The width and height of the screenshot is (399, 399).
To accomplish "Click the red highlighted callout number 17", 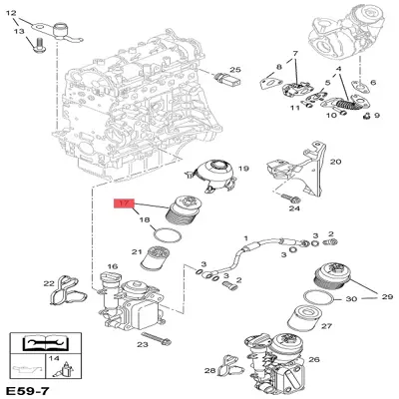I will point(124,203).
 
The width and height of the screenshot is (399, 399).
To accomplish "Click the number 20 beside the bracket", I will point(335,162).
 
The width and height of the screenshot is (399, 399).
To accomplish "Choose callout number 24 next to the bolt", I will point(294,209).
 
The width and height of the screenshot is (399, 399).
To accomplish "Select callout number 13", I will point(18,32).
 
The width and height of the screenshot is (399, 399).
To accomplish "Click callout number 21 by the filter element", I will point(138,251).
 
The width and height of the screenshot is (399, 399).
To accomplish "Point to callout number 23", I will point(143,344).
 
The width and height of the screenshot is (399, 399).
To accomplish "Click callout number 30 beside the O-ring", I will point(349,299).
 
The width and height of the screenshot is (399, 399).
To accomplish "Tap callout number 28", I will point(210,371).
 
